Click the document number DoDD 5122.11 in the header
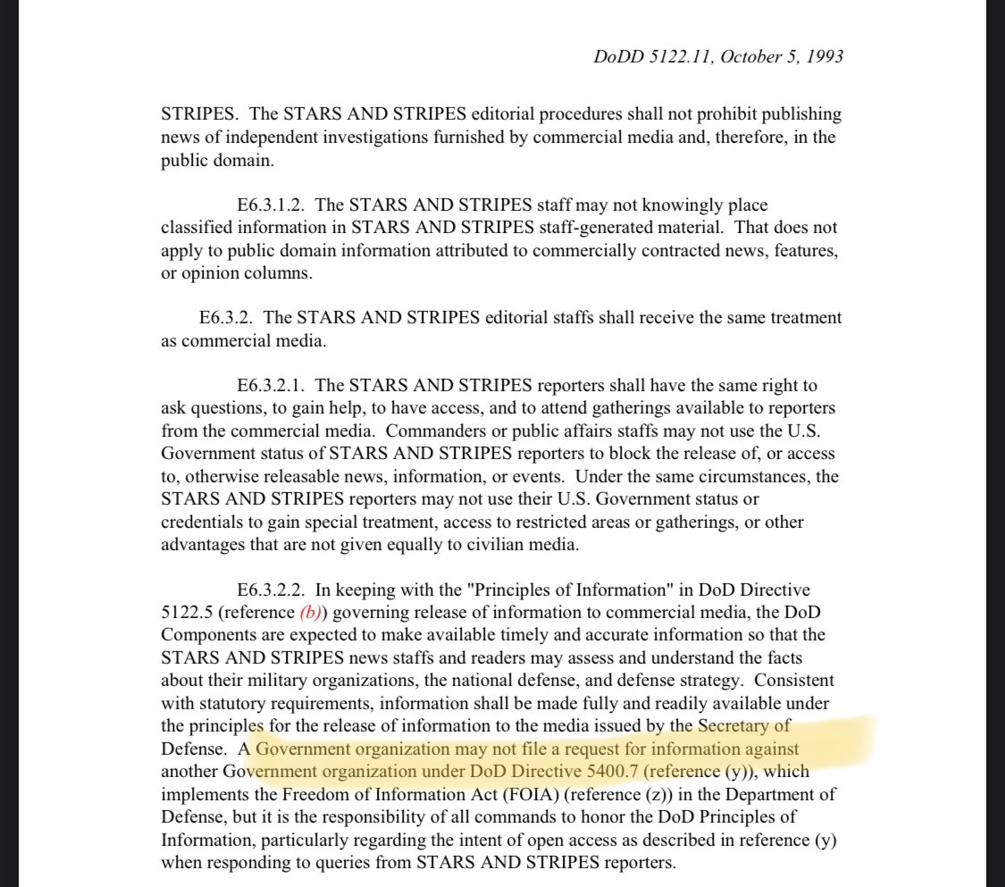point(648,56)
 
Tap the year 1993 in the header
point(823,56)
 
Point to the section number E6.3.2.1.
point(271,385)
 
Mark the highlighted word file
point(530,748)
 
